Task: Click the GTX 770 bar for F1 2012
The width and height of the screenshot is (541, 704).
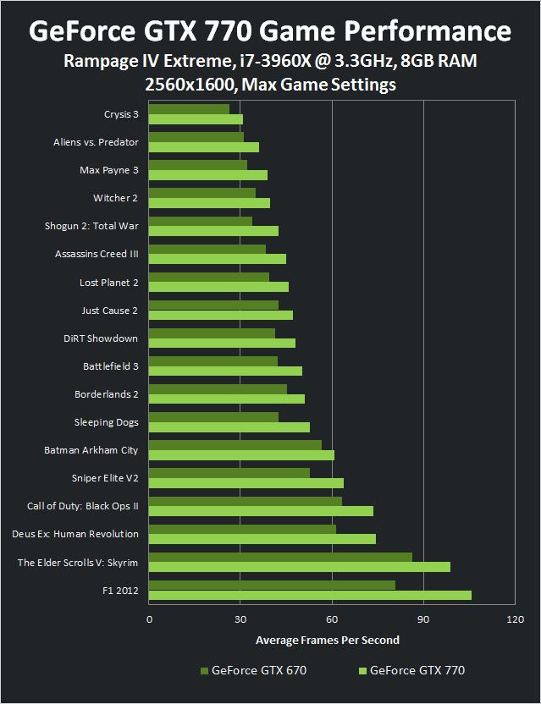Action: click(310, 596)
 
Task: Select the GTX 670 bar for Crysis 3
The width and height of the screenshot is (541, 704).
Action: click(189, 109)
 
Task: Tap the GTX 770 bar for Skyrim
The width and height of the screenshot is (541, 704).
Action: click(300, 567)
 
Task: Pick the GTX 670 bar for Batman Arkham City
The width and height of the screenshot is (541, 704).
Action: click(235, 445)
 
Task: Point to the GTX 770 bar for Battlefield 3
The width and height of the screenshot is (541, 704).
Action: click(225, 371)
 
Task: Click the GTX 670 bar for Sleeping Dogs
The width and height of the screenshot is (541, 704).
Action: click(213, 417)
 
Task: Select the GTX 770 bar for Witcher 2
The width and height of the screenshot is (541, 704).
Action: click(209, 203)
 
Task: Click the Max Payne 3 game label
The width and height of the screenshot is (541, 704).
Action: click(108, 170)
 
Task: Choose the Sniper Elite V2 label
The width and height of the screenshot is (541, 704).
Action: click(105, 478)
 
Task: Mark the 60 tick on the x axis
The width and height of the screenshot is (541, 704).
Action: click(332, 619)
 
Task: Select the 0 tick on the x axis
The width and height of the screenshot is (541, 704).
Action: click(149, 619)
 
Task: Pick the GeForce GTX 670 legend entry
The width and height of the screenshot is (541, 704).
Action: click(254, 671)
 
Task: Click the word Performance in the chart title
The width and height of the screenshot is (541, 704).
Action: click(422, 31)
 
